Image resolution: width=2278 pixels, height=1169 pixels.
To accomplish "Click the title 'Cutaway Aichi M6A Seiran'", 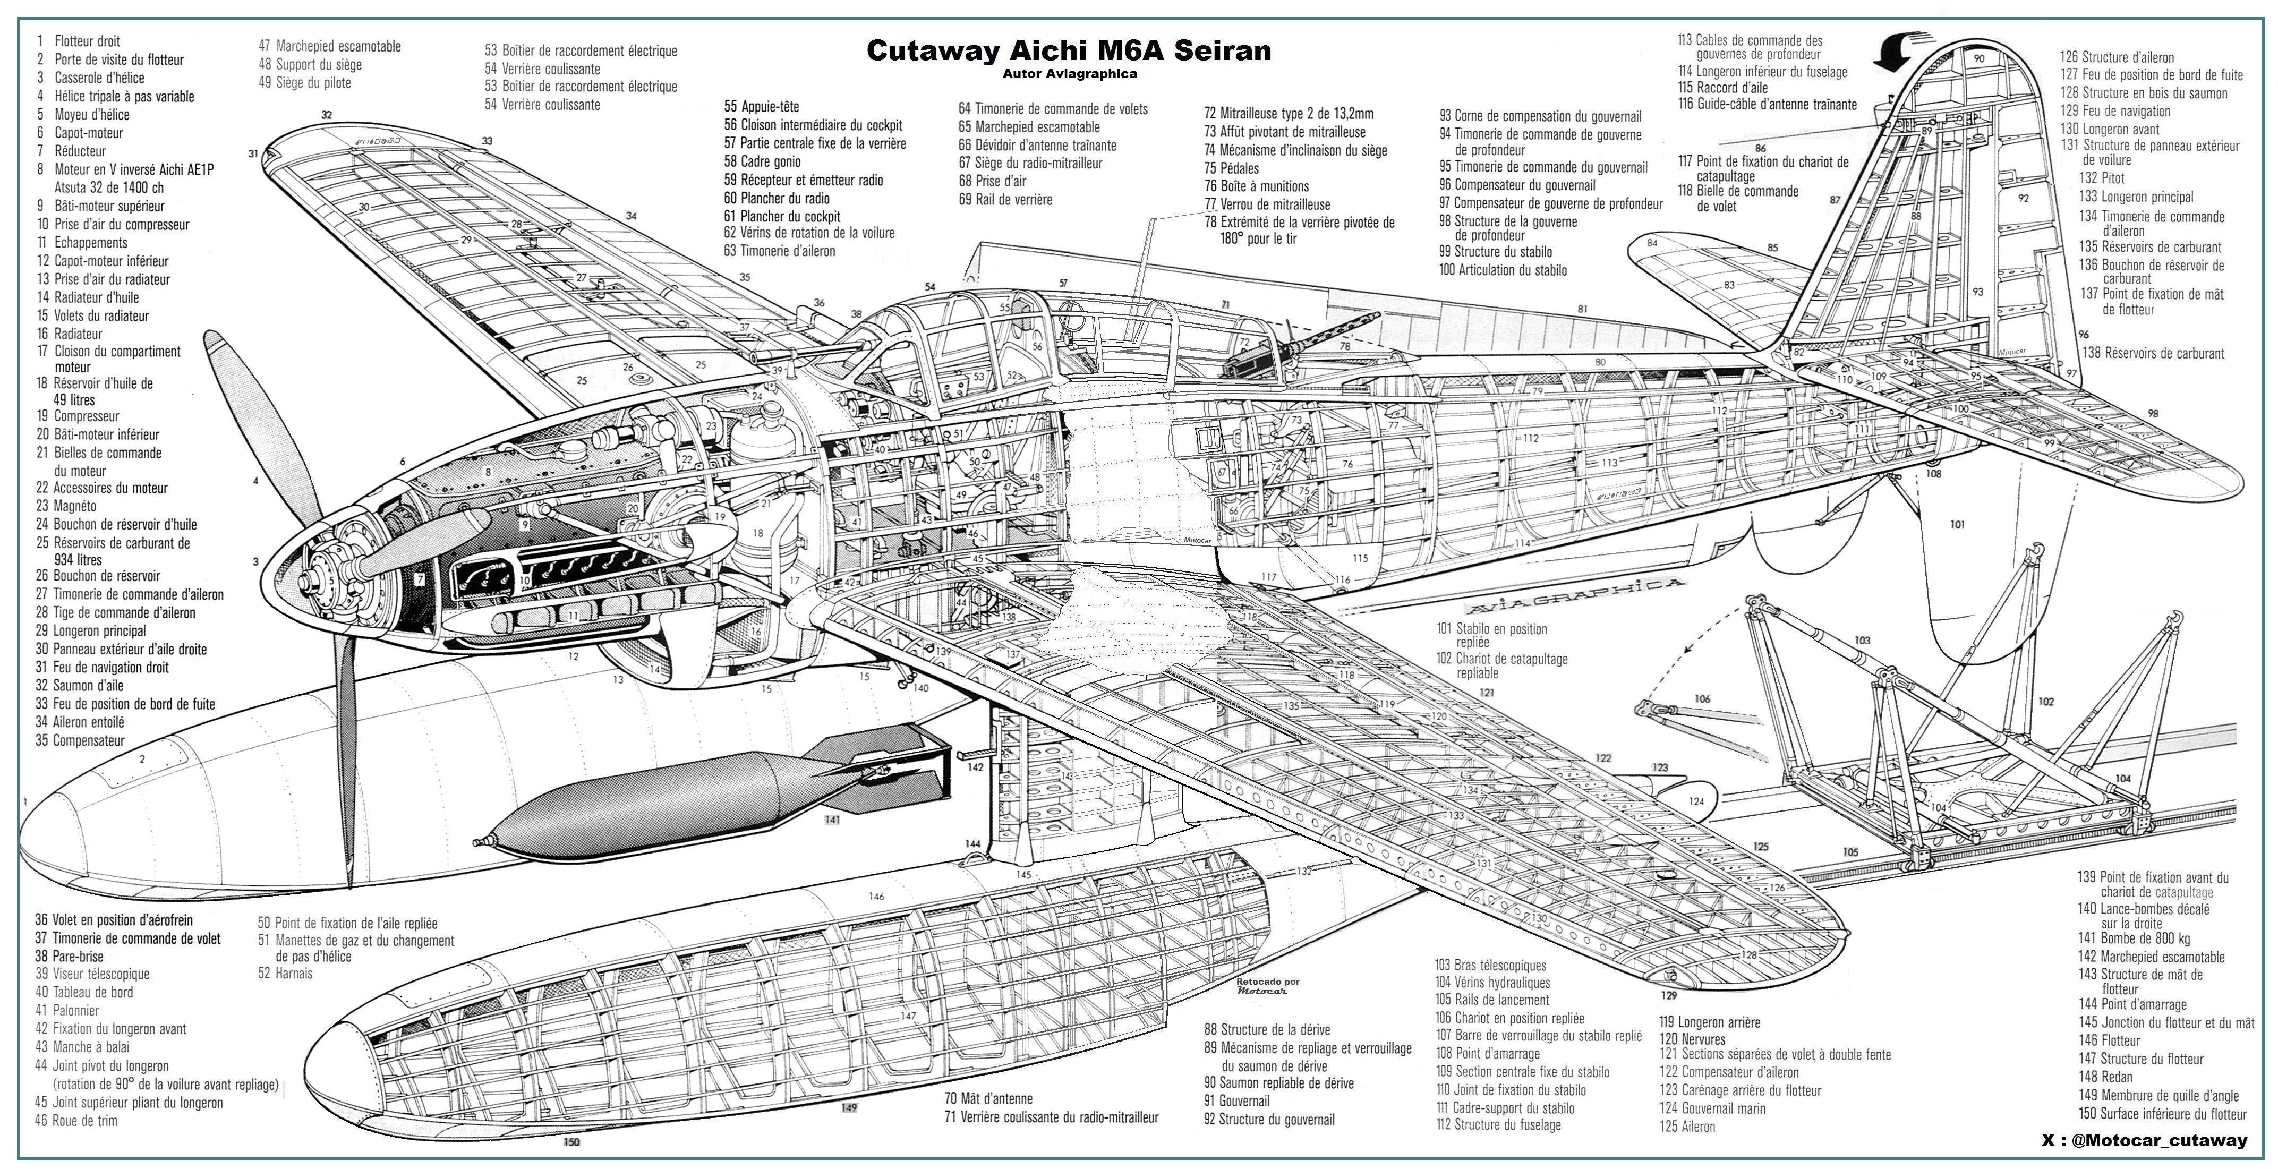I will point(1068,50).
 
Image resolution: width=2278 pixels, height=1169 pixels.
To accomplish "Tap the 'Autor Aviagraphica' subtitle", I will point(1069,74).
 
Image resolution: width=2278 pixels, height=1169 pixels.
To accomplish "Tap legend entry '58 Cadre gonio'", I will point(762,161).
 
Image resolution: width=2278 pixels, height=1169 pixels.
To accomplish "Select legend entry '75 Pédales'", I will point(1231,168).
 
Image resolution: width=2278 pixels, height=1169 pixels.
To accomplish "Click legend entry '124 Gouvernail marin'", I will point(1712,1108).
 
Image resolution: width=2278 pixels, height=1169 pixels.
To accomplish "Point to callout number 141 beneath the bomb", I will point(831,820).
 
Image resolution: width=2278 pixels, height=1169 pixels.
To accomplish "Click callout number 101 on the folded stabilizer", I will point(1957,524).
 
